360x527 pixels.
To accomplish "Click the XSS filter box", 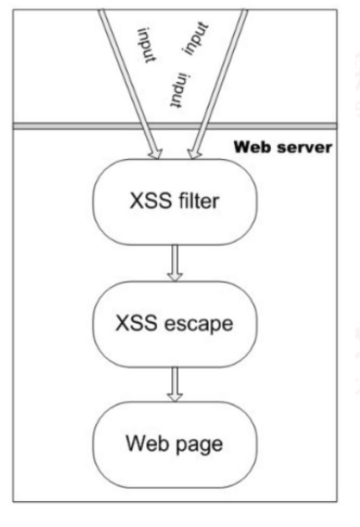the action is [x=175, y=201].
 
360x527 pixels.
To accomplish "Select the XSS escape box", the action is [x=175, y=324].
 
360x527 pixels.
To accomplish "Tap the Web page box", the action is [x=175, y=444].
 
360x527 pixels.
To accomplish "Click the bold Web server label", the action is [x=283, y=147].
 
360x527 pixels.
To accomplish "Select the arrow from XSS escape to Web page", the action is [x=175, y=384].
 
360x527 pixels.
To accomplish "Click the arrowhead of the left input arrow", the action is [x=155, y=154].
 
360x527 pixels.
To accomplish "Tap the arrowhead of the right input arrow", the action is [x=194, y=154].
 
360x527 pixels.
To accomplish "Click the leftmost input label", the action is [x=147, y=45].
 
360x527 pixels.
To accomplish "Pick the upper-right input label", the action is [x=196, y=38].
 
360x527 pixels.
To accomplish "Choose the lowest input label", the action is [x=180, y=90].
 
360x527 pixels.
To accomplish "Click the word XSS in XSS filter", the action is [x=150, y=201].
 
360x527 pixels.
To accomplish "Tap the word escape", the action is [x=199, y=324].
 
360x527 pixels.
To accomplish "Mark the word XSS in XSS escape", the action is [x=136, y=323].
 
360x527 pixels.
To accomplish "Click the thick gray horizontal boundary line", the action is [x=175, y=126].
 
